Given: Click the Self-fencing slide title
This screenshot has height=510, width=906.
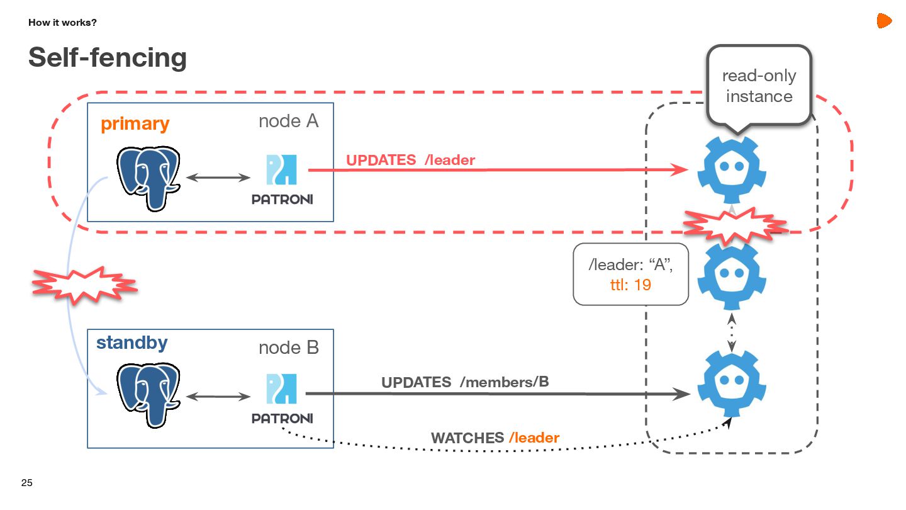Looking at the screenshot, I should pyautogui.click(x=108, y=58).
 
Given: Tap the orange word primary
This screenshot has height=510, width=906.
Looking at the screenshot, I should pyautogui.click(x=135, y=124).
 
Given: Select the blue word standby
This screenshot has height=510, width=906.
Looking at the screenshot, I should pyautogui.click(x=131, y=343).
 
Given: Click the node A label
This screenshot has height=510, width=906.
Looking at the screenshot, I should pyautogui.click(x=288, y=122).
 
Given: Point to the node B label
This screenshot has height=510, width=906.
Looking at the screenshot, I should pyautogui.click(x=288, y=348).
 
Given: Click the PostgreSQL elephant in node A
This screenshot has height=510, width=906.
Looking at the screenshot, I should pyautogui.click(x=148, y=178).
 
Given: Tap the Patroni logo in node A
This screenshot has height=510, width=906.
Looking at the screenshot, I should pyautogui.click(x=282, y=179).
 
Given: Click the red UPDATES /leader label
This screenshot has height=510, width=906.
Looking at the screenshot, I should pyautogui.click(x=410, y=161).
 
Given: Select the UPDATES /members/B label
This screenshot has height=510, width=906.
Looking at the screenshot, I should pyautogui.click(x=465, y=382).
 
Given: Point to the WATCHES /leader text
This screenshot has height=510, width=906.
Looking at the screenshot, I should pyautogui.click(x=495, y=438).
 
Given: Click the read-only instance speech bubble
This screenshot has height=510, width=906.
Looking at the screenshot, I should pyautogui.click(x=759, y=86).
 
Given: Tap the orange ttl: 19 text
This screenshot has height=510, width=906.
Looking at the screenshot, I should pyautogui.click(x=630, y=285).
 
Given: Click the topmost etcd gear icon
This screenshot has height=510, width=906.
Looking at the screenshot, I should pyautogui.click(x=732, y=170).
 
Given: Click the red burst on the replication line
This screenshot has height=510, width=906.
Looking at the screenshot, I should pyautogui.click(x=84, y=286).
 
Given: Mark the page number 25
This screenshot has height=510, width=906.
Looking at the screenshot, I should pyautogui.click(x=26, y=484).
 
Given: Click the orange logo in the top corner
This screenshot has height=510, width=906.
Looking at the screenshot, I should pyautogui.click(x=884, y=21).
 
